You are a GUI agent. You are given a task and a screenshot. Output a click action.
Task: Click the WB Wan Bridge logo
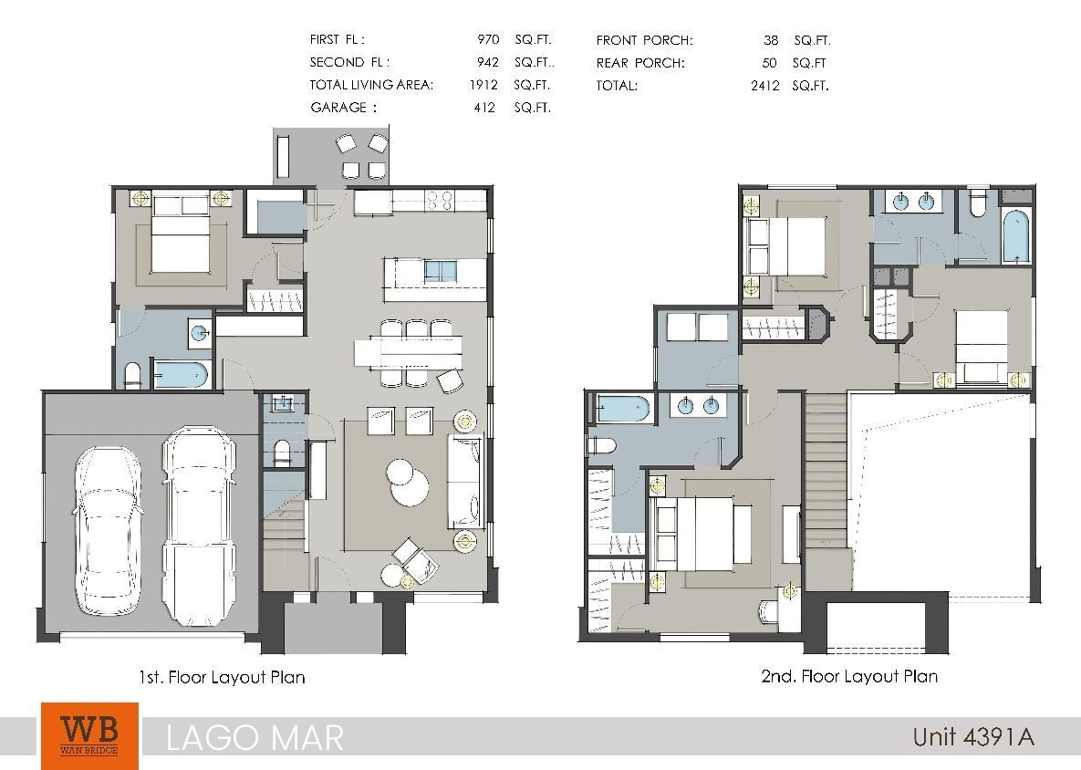click(x=89, y=735)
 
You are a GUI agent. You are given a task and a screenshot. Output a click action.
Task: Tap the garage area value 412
click(x=484, y=108)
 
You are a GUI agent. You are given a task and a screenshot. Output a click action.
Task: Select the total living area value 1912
click(x=483, y=85)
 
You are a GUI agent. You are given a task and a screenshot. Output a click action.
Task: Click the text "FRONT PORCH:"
click(x=645, y=41)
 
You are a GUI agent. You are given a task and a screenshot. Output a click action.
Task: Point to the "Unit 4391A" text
click(x=973, y=737)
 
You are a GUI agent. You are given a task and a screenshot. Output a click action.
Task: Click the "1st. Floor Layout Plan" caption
click(x=222, y=677)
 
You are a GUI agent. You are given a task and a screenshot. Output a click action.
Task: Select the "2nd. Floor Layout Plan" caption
click(x=849, y=676)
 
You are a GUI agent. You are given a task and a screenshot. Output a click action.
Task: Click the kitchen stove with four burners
click(x=439, y=200)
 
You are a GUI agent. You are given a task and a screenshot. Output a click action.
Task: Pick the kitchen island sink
click(x=441, y=271)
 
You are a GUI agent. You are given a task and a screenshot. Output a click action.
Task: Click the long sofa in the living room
click(x=465, y=482)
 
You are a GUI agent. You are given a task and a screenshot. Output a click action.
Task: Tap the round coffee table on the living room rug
click(x=407, y=482)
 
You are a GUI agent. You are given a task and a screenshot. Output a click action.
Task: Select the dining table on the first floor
click(x=408, y=351)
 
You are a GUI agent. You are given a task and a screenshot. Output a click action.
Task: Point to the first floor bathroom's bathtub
click(x=181, y=374)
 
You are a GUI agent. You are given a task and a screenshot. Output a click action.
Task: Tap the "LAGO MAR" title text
click(x=255, y=737)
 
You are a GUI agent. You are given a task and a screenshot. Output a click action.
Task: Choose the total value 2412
click(x=765, y=86)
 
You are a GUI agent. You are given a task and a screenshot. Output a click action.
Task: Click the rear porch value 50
click(x=769, y=63)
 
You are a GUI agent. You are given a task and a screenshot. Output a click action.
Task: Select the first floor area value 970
click(x=488, y=39)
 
